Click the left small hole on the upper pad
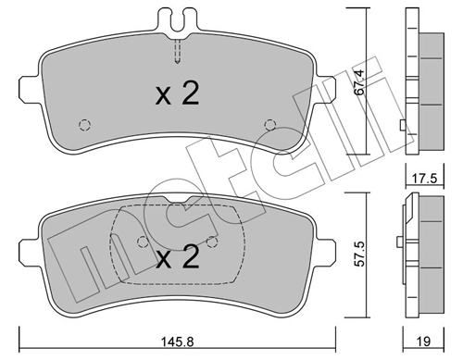85,126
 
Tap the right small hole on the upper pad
269,125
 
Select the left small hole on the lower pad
142,242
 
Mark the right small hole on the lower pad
212,242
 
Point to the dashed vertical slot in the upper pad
177,51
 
